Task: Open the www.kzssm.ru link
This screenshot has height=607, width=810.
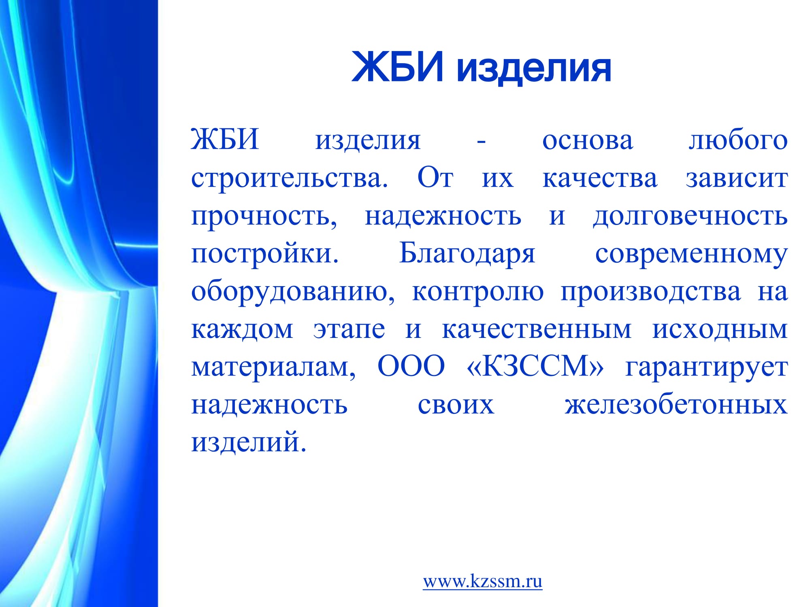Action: [x=482, y=581]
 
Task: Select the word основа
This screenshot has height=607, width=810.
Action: [x=588, y=141]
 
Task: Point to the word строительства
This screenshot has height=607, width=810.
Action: [x=290, y=179]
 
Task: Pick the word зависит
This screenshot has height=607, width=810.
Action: [x=737, y=179]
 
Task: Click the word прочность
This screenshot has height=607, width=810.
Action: [x=264, y=217]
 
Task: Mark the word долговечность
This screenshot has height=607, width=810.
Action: [x=690, y=217]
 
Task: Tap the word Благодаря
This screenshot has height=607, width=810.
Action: [x=467, y=254]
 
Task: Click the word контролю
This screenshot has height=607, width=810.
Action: [x=478, y=292]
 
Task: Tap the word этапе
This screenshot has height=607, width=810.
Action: [x=349, y=330]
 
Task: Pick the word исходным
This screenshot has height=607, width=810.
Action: [x=720, y=330]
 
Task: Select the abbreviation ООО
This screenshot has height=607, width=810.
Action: [x=411, y=366]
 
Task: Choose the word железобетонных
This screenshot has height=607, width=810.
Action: [x=676, y=405]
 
